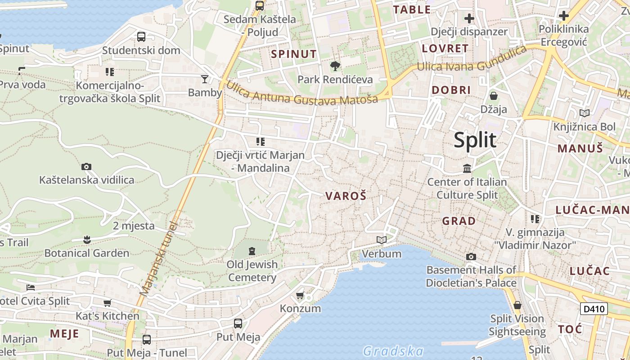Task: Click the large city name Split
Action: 475,140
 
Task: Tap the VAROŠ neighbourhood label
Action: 346,196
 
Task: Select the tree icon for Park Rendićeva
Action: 335,67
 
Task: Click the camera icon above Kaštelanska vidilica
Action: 86,167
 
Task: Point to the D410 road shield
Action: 594,309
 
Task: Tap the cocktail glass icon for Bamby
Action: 205,79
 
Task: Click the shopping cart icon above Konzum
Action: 300,296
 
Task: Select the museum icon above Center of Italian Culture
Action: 467,169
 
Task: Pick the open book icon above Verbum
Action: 382,240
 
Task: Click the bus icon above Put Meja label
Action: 238,323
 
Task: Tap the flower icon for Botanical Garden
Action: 86,239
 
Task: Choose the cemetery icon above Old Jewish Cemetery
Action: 252,251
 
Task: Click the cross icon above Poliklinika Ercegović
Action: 564,16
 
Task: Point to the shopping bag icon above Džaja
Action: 494,96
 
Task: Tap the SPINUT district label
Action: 293,54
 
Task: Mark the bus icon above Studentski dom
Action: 141,37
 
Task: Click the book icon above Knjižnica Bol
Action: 585,113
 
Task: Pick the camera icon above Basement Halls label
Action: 471,257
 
